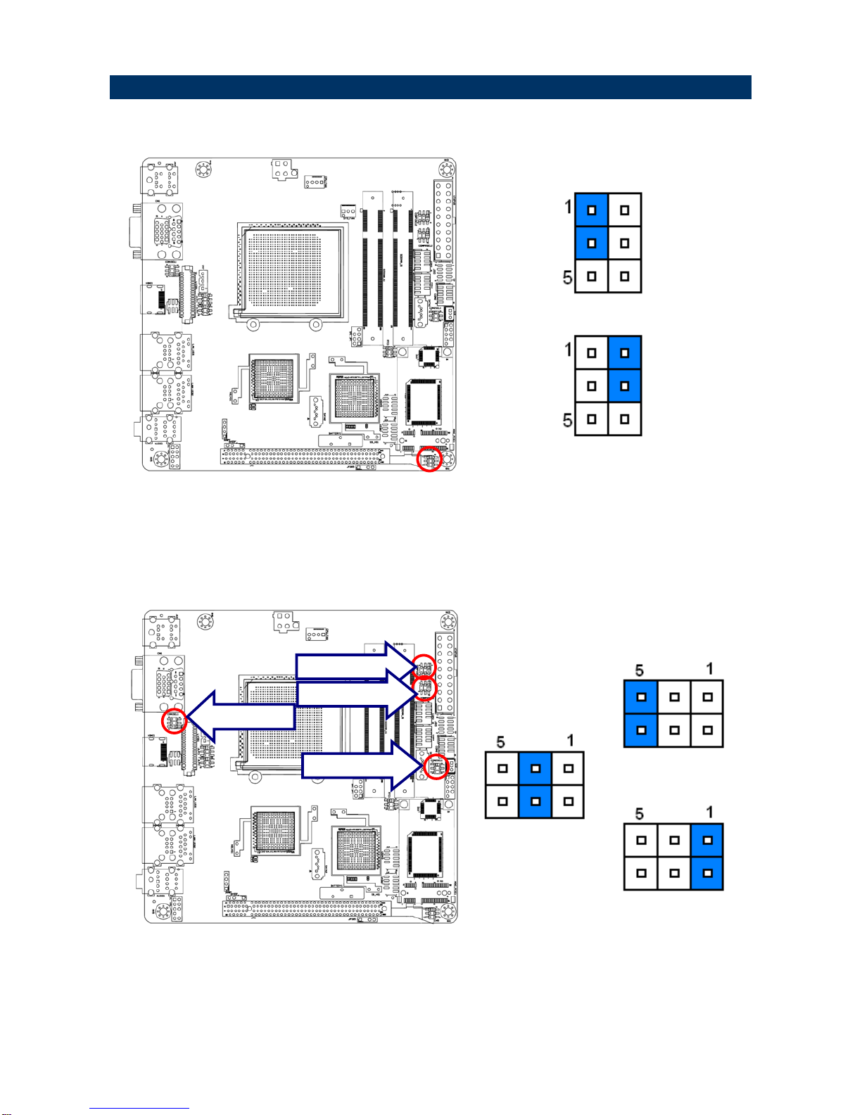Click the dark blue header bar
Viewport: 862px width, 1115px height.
[430, 87]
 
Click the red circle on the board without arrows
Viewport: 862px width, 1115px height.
[429, 460]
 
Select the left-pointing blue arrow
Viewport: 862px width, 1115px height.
[239, 717]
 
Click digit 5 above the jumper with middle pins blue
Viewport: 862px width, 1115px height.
[501, 741]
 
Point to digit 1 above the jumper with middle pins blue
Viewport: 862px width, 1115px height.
[570, 740]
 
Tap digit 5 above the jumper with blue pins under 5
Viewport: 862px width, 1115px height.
[640, 670]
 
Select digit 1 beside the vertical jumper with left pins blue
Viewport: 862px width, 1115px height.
[567, 206]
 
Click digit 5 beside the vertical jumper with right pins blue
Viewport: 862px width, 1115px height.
[567, 420]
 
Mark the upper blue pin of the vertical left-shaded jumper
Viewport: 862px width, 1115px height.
[592, 210]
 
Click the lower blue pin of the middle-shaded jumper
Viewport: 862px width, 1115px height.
[535, 801]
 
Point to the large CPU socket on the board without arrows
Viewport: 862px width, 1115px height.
[292, 271]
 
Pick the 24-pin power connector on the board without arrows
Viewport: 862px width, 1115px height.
[443, 219]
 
